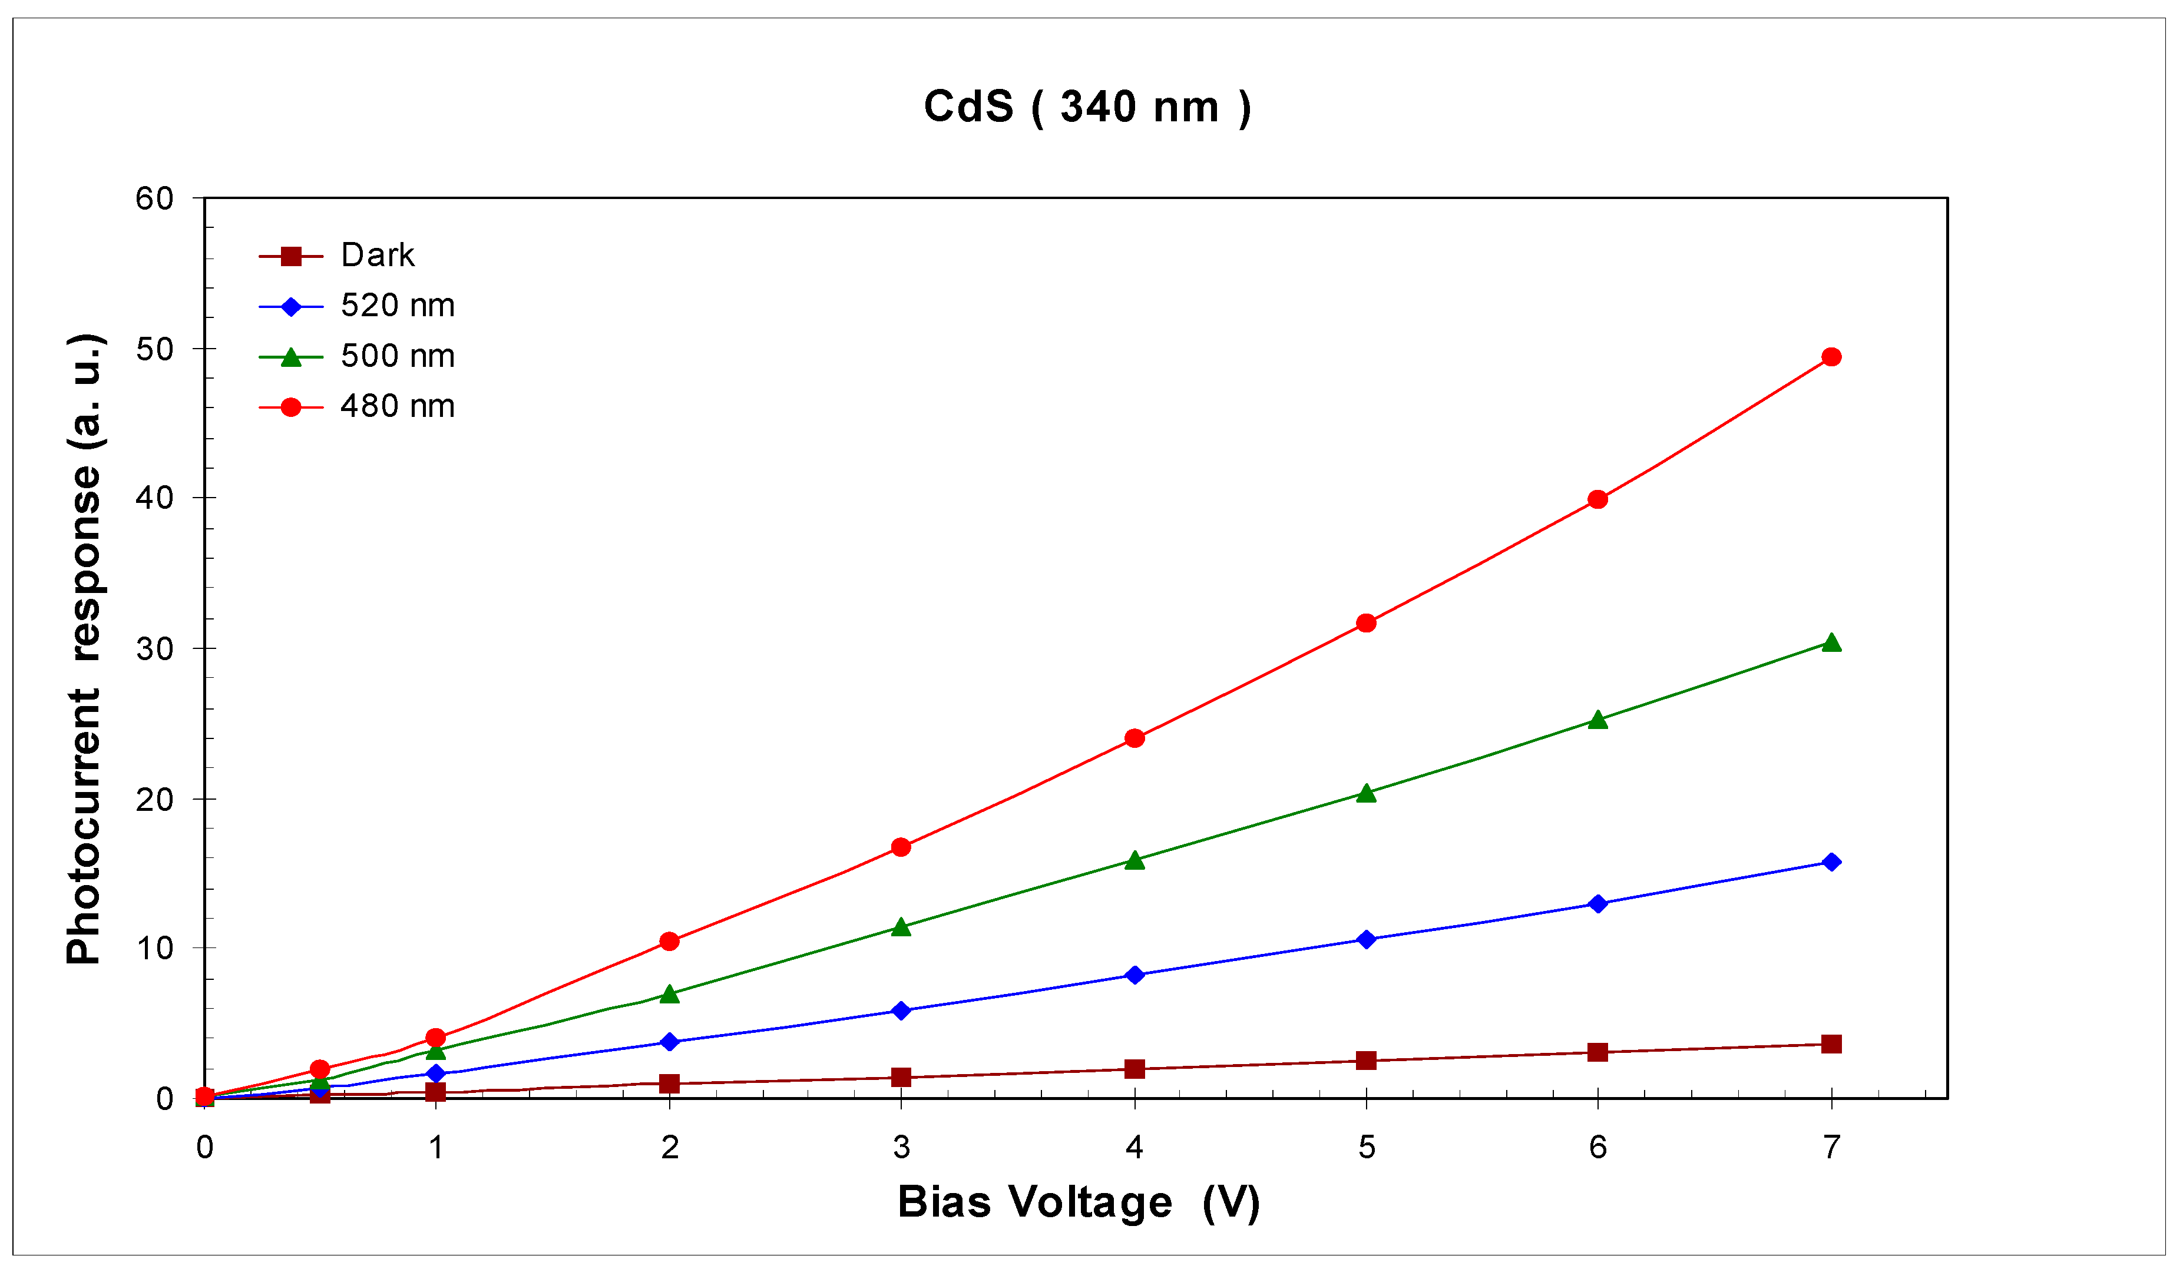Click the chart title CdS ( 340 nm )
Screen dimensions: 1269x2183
(1087, 107)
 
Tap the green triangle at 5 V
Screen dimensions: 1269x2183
(1366, 793)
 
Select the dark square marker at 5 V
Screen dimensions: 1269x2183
(1366, 1060)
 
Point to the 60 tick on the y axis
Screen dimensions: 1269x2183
(154, 199)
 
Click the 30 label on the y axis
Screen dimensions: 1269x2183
(154, 649)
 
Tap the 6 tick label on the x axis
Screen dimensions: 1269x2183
(1598, 1148)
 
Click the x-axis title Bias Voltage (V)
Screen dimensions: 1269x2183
(1079, 1202)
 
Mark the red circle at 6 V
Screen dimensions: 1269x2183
(1598, 500)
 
